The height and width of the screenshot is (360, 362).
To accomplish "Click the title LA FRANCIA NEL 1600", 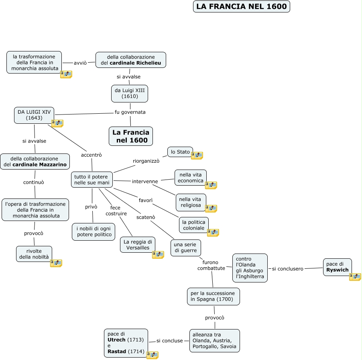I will pyautogui.click(x=241, y=6).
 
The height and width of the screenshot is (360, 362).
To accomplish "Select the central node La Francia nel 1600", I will pyautogui.click(x=131, y=136).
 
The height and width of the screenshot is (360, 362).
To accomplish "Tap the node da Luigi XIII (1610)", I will pyautogui.click(x=130, y=93).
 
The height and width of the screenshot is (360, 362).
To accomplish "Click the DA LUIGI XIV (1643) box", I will pyautogui.click(x=34, y=115).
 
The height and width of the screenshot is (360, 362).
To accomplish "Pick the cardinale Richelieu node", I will pyautogui.click(x=131, y=60).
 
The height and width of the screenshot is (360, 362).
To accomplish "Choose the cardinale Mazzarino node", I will pyautogui.click(x=35, y=162).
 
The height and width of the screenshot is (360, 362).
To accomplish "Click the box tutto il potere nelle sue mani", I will pyautogui.click(x=92, y=180).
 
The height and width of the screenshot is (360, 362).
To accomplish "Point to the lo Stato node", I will pyautogui.click(x=180, y=152).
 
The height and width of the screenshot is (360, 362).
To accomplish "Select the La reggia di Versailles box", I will pyautogui.click(x=138, y=245).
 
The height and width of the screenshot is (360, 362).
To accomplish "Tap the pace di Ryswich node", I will pyautogui.click(x=337, y=267).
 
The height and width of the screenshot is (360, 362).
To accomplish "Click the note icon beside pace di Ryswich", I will pyautogui.click(x=355, y=276).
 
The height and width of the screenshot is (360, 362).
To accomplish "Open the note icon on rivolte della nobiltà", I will pyautogui.click(x=56, y=263).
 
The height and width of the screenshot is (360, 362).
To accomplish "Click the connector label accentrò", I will pyautogui.click(x=92, y=155).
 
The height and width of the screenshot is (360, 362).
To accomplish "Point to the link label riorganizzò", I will pyautogui.click(x=146, y=161).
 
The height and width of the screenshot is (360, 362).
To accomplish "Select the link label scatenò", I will pyautogui.click(x=146, y=217).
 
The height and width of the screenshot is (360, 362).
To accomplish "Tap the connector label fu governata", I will pyautogui.click(x=130, y=112).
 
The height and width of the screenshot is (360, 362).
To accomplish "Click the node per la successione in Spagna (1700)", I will pyautogui.click(x=214, y=296).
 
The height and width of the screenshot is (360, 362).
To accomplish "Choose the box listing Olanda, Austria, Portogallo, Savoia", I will pyautogui.click(x=214, y=340).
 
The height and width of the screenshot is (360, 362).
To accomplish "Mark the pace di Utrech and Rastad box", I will pyautogui.click(x=126, y=343).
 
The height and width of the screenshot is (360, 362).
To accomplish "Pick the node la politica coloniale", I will pyautogui.click(x=193, y=225).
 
